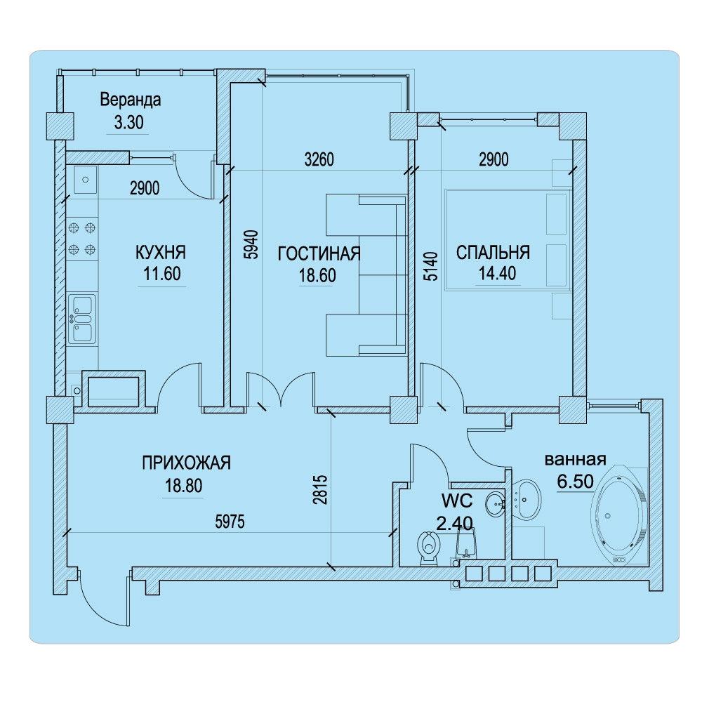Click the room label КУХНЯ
coord(160,253)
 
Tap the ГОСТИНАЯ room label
coord(319,253)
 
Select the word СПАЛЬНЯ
coord(493,253)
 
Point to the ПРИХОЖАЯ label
coord(186,463)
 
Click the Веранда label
coord(131,100)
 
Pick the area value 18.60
coord(317,275)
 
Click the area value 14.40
coord(498,273)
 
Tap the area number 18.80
coord(184,485)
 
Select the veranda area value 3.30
coord(129,122)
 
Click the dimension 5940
coord(253,244)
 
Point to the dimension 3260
coord(319,159)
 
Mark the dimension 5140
coord(431,266)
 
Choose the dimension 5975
coord(230,522)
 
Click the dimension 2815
coord(321,490)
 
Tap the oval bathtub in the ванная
coord(620,515)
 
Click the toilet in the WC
coord(429,548)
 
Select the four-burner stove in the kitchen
coord(82,238)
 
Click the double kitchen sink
coord(82,318)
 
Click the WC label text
coord(457,501)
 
